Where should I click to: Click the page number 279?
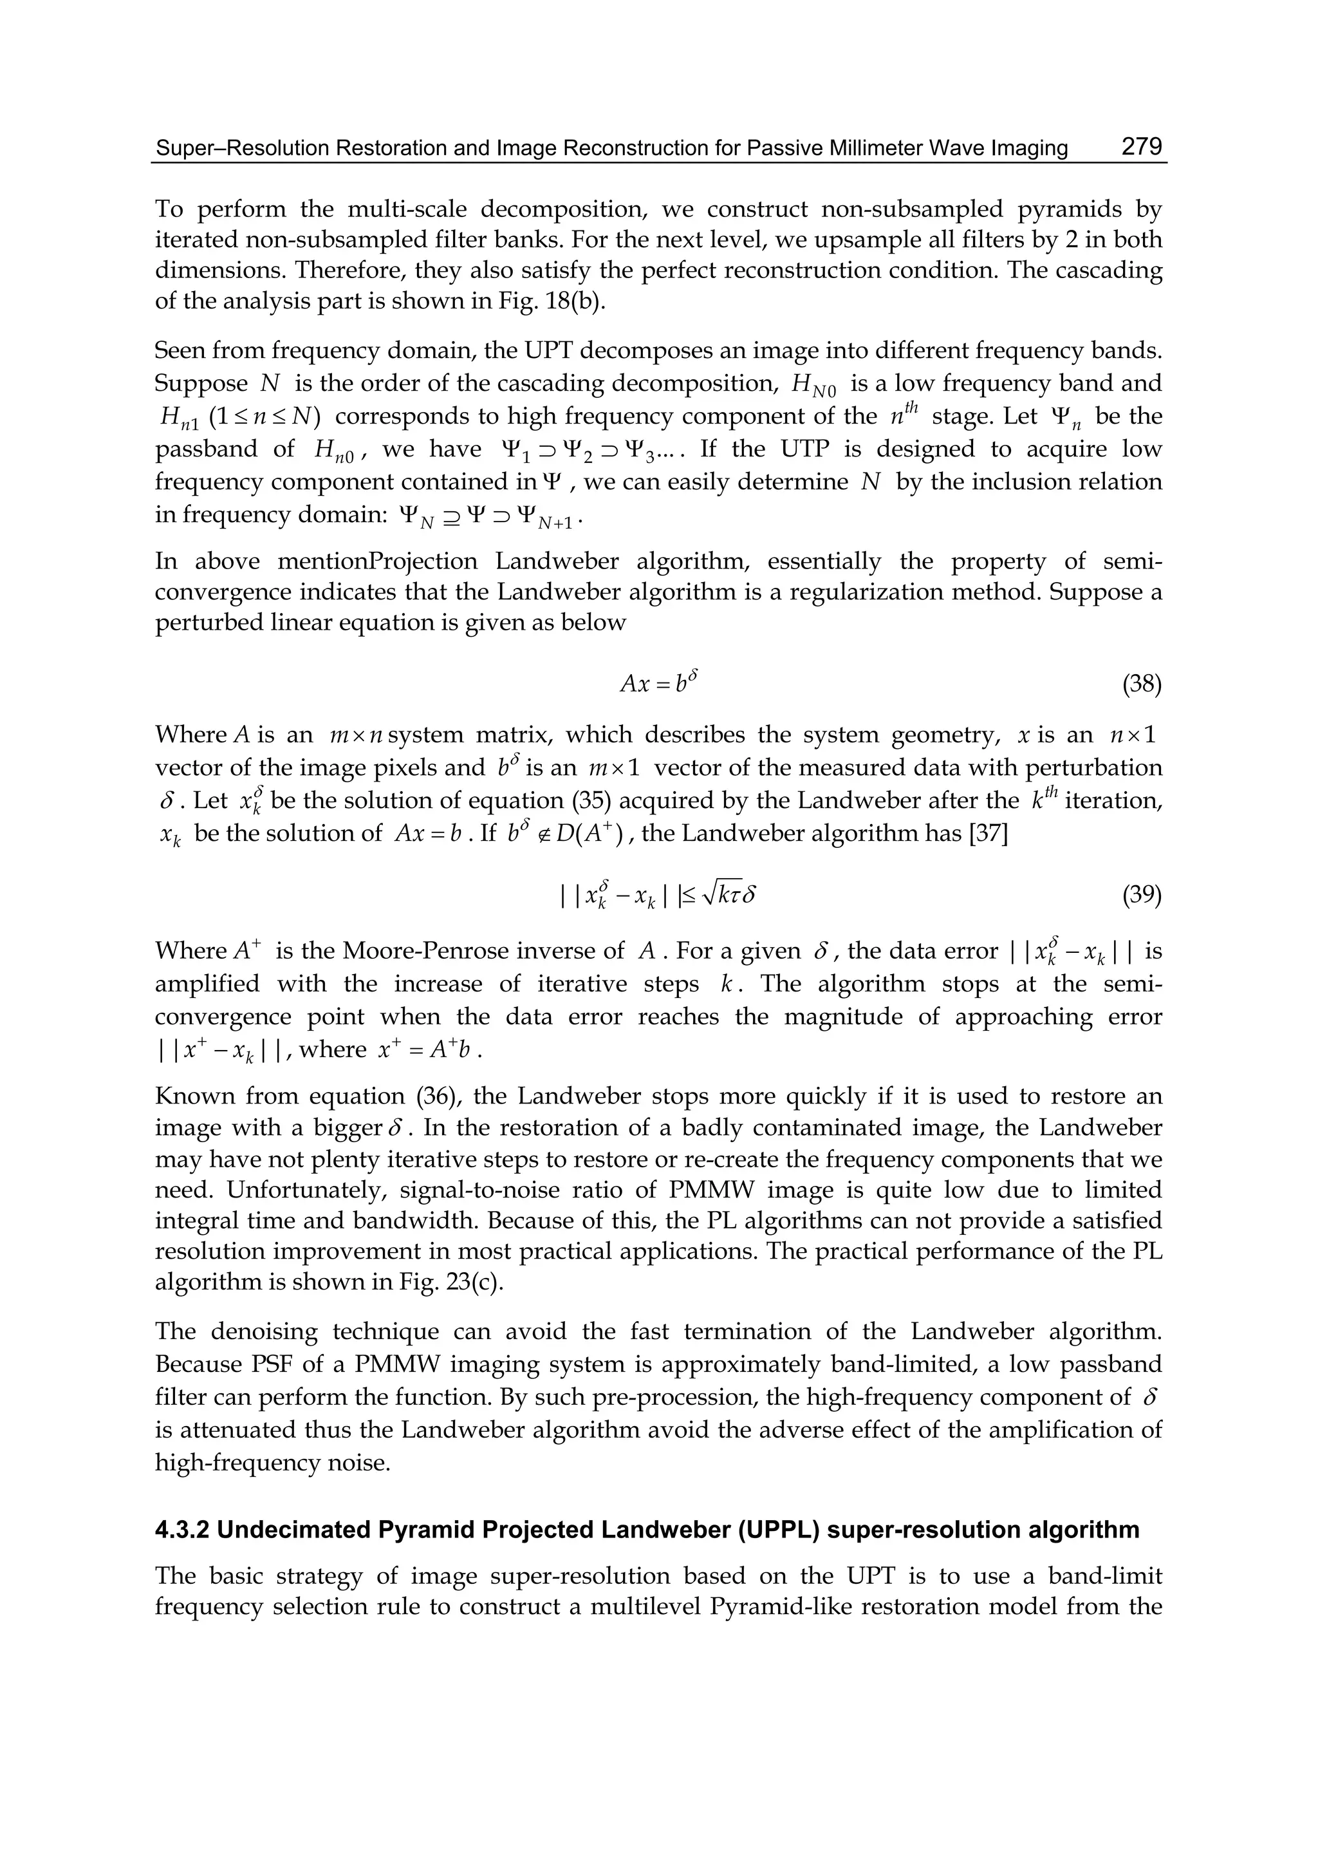(x=1142, y=147)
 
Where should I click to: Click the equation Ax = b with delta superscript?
(x=659, y=683)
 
